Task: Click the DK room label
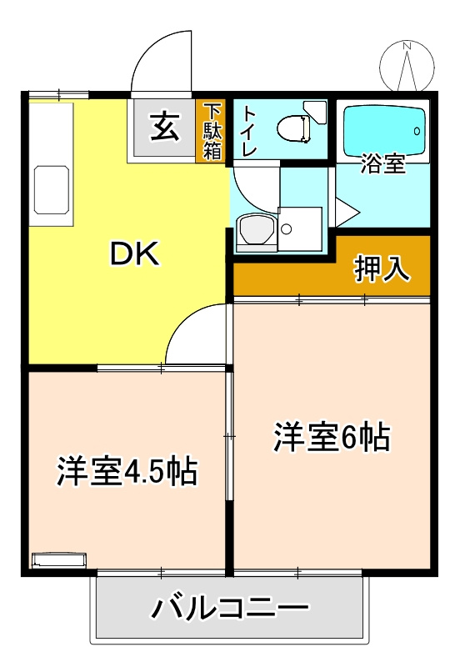point(135,253)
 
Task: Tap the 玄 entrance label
point(164,128)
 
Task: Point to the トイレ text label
point(249,132)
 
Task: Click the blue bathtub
point(386,132)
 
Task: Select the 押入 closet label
point(382,268)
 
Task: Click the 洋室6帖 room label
point(332,437)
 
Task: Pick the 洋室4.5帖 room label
point(127,471)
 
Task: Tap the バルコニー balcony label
point(230,607)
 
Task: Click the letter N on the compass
point(407,45)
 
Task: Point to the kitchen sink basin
point(52,189)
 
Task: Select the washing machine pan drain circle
point(287,229)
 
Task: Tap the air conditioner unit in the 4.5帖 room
point(59,560)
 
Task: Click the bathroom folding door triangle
point(346,212)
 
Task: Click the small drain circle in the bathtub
point(417,131)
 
